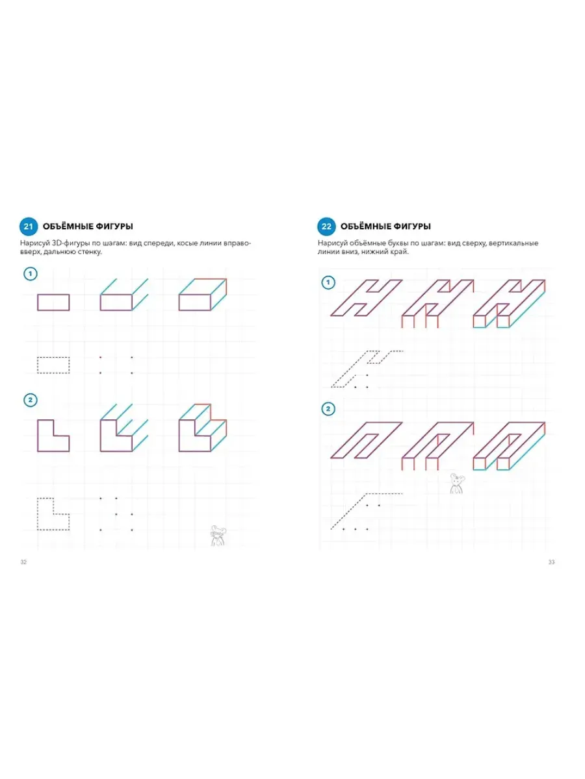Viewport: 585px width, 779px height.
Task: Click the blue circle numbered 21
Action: [29, 227]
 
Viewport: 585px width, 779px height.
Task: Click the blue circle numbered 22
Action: [326, 227]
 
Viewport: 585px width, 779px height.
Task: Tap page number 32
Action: [23, 562]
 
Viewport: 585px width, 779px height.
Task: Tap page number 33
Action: [551, 562]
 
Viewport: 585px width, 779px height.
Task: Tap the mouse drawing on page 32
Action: [217, 536]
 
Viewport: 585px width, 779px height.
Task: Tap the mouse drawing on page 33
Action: [456, 484]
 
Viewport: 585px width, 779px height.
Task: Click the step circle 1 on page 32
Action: [30, 274]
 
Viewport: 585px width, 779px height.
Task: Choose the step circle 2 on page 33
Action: [328, 409]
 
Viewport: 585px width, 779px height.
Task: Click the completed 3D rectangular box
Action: [202, 295]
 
